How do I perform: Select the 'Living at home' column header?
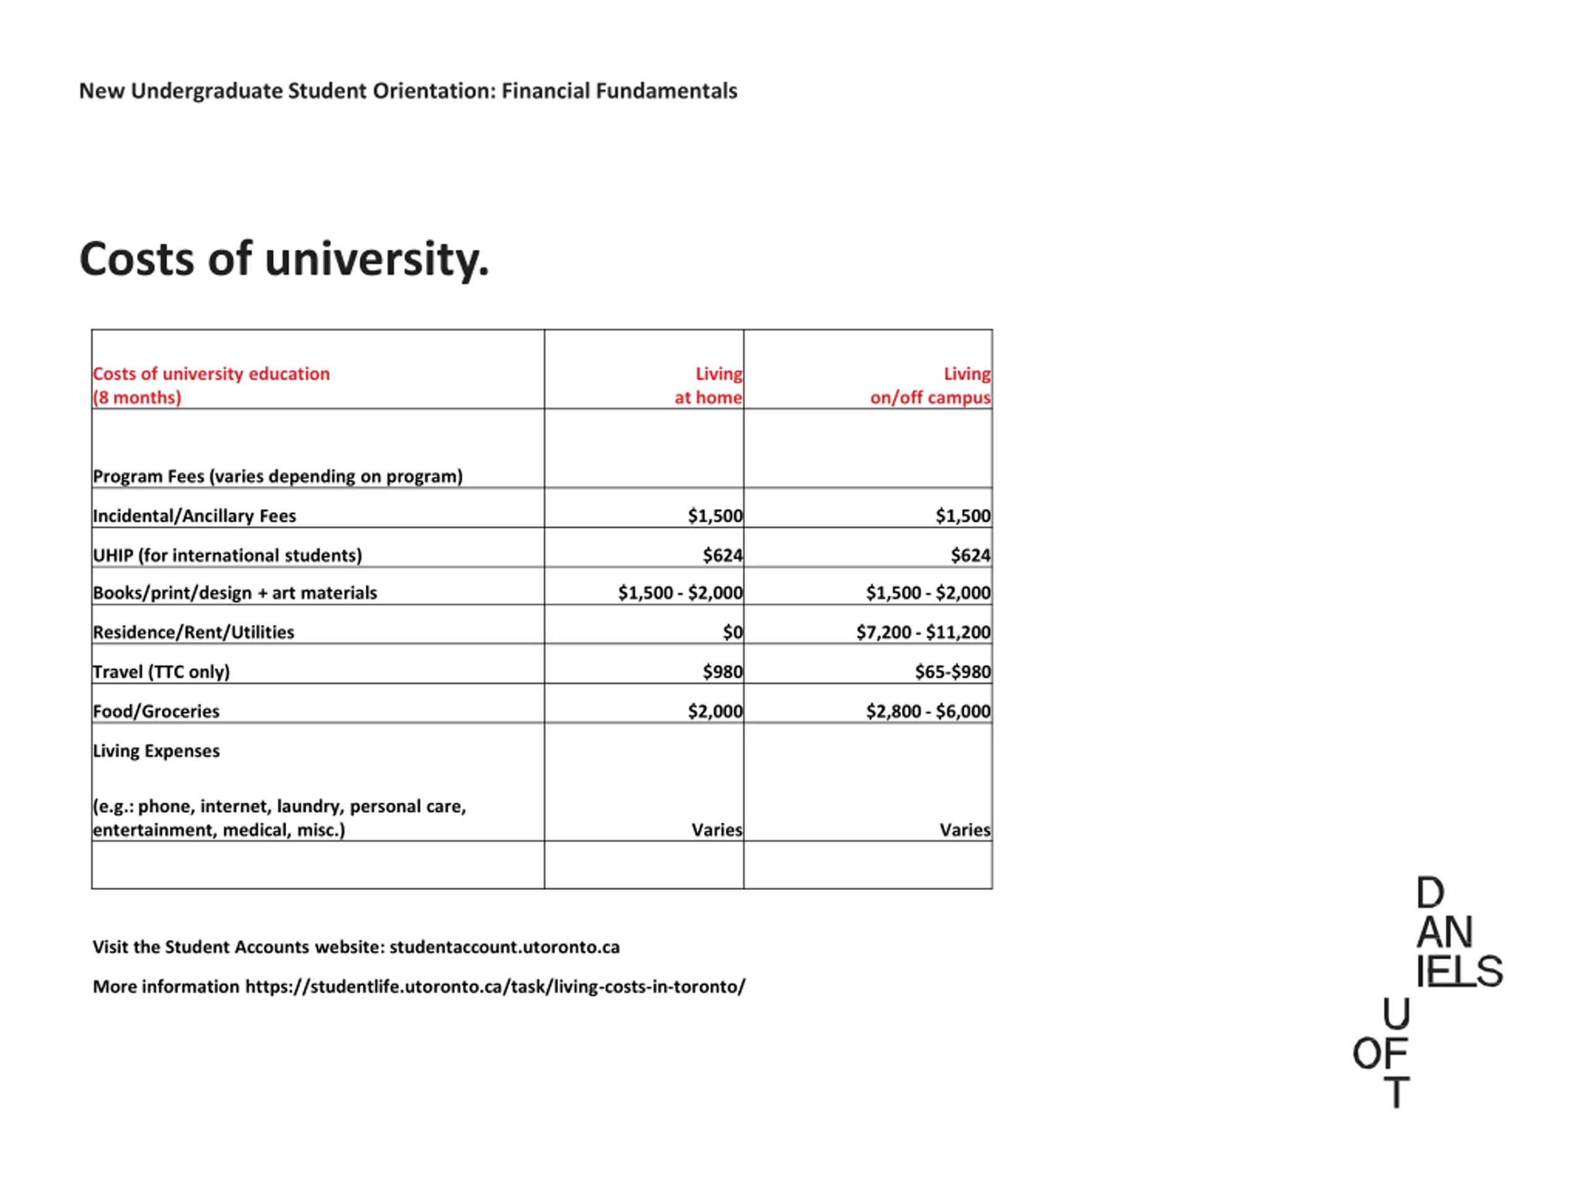pyautogui.click(x=708, y=385)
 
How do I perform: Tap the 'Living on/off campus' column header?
pyautogui.click(x=931, y=385)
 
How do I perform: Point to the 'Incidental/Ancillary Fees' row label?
pyautogui.click(x=194, y=515)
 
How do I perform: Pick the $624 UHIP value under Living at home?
pyautogui.click(x=722, y=555)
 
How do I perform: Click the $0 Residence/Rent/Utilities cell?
pyautogui.click(x=732, y=632)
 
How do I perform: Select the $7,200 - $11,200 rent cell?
pyautogui.click(x=923, y=632)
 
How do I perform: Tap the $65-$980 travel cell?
pyautogui.click(x=953, y=672)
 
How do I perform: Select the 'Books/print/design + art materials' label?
pyautogui.click(x=235, y=592)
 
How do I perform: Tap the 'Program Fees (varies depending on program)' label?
pyautogui.click(x=277, y=476)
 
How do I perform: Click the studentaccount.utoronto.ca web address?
pyautogui.click(x=504, y=947)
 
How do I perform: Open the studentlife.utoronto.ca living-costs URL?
pyautogui.click(x=495, y=987)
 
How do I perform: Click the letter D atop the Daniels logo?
pyautogui.click(x=1431, y=893)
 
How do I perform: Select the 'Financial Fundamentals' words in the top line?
pyautogui.click(x=619, y=91)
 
